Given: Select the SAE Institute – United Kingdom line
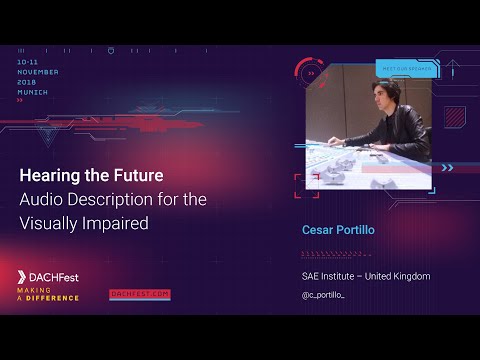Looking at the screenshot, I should pyautogui.click(x=366, y=275).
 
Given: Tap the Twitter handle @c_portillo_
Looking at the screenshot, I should pyautogui.click(x=330, y=295).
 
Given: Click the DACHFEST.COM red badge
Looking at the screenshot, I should pyautogui.click(x=140, y=294).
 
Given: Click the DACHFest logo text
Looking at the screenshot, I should pyautogui.click(x=56, y=275).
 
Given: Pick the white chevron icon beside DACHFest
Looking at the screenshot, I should pyautogui.click(x=23, y=275).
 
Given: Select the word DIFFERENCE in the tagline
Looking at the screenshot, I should pyautogui.click(x=54, y=297).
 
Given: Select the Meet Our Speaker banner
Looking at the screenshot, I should pyautogui.click(x=404, y=69).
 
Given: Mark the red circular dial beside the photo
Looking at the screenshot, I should pyautogui.click(x=311, y=72).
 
